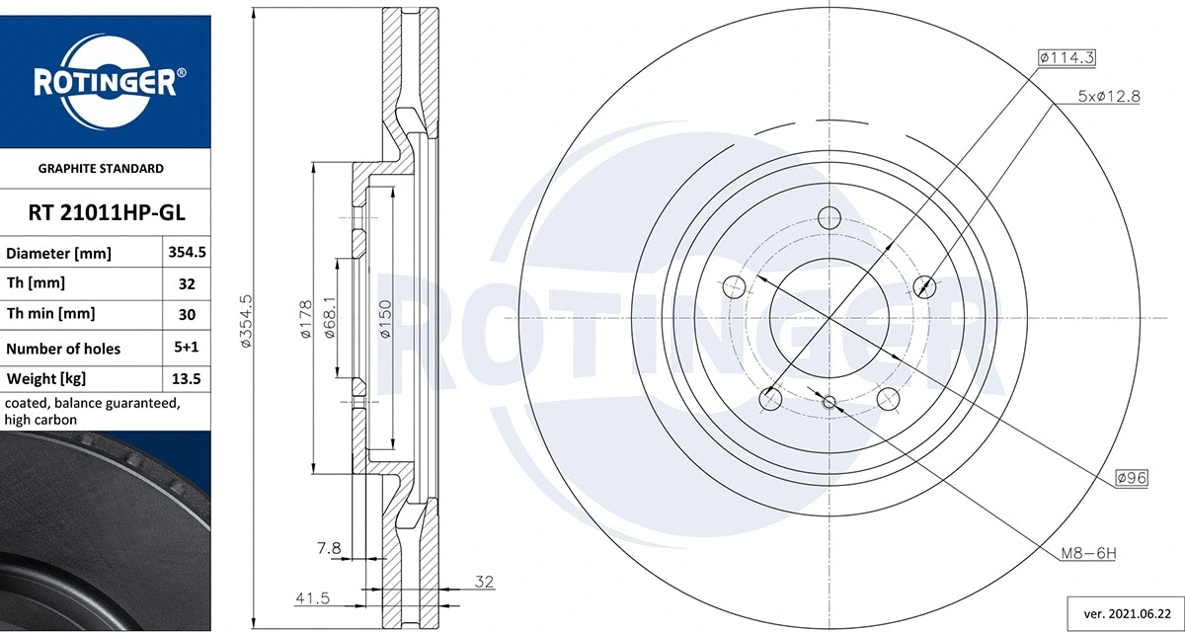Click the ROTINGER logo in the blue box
pos(106,82)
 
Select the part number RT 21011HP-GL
pos(106,212)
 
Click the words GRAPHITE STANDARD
pos(101,169)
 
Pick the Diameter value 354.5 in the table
pos(187,253)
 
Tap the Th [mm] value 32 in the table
pos(187,283)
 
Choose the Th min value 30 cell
pos(187,315)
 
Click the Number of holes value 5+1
pos(187,349)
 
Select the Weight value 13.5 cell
pos(187,379)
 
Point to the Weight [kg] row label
pos(47,379)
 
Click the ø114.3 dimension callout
pos(1067,58)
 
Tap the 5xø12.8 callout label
pos(1109,97)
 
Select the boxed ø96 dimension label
pos(1131,478)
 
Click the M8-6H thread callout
pos(1087,553)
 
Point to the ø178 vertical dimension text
pos(305,319)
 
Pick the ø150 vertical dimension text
pos(385,319)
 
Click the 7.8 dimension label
pos(329,548)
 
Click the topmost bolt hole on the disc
pos(829,218)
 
